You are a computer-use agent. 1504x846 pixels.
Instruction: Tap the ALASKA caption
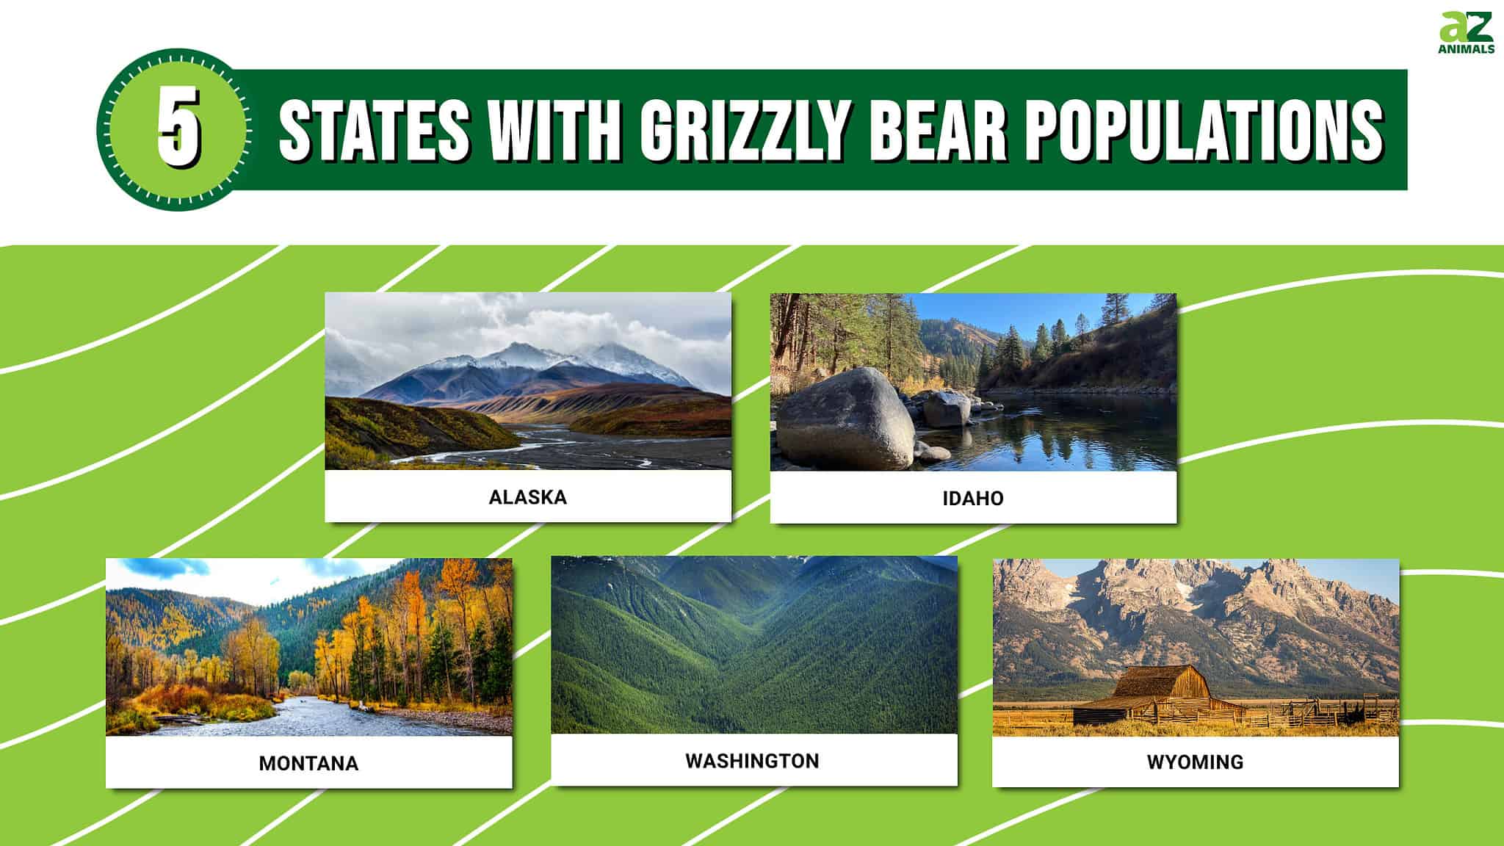coord(528,497)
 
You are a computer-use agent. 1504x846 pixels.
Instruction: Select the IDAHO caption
coord(973,499)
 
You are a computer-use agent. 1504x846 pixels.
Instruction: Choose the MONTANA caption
coord(308,763)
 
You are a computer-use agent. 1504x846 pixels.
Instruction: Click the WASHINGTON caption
coord(752,761)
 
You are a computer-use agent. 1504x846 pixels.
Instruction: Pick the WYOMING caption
coord(1195,762)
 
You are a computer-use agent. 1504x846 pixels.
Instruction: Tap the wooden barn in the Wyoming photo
coord(1160,698)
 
